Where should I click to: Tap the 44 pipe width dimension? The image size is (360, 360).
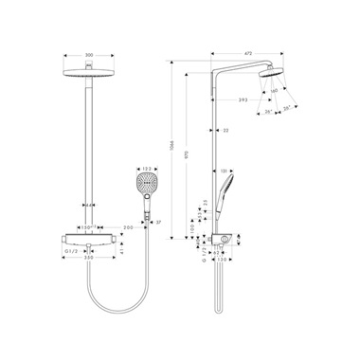[x=88, y=205]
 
